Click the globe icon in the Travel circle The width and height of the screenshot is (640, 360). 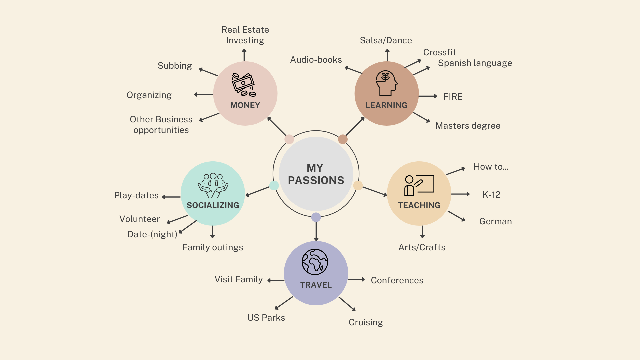click(315, 262)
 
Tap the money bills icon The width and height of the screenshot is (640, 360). click(244, 85)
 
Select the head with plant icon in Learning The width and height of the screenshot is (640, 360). click(386, 83)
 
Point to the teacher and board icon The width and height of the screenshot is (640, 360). click(419, 185)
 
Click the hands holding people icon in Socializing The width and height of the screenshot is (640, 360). click(213, 185)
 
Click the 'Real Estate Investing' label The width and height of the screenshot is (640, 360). click(245, 35)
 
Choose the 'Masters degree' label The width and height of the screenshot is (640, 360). click(468, 126)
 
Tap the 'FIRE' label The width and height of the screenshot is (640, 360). click(453, 97)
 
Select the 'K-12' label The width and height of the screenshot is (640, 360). click(491, 195)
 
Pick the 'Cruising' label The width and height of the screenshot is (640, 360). click(366, 322)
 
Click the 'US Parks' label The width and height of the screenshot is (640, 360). click(266, 318)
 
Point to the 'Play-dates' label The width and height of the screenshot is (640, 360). click(136, 195)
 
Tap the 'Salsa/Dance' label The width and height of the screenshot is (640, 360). click(386, 40)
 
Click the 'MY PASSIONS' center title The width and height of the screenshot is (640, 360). click(316, 174)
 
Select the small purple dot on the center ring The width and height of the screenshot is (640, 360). click(316, 217)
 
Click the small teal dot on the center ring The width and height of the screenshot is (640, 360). click(274, 185)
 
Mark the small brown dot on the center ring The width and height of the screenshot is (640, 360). click(343, 139)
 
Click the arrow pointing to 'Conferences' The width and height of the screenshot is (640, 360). click(356, 279)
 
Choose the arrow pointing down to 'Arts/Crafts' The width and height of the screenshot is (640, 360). click(422, 232)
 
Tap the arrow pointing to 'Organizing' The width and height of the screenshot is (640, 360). click(203, 95)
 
